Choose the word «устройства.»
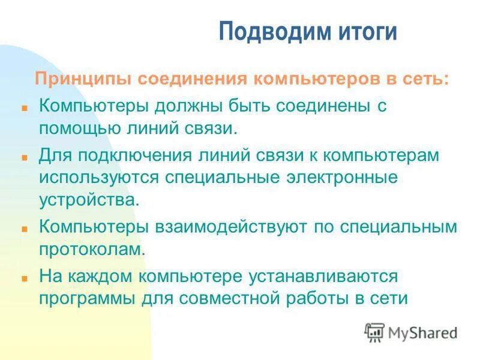tap(89, 199)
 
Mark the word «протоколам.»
tap(92, 248)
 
